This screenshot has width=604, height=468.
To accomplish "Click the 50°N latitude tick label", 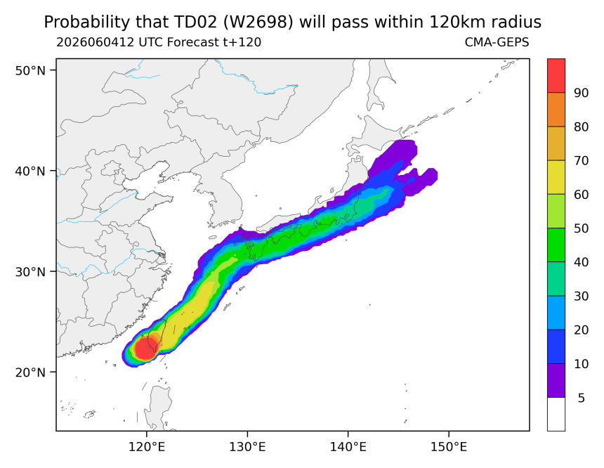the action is pyautogui.click(x=30, y=70).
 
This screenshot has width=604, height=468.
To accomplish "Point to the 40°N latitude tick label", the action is pyautogui.click(x=30, y=171).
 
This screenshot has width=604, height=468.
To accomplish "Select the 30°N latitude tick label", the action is pyautogui.click(x=30, y=272).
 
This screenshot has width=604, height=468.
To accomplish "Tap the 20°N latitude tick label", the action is pyautogui.click(x=30, y=372).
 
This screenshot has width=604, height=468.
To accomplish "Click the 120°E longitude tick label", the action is pyautogui.click(x=147, y=447).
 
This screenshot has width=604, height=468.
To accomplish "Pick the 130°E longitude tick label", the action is pyautogui.click(x=247, y=447).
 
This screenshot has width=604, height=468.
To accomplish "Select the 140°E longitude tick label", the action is pyautogui.click(x=348, y=447).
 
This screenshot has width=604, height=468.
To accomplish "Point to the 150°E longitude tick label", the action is pyautogui.click(x=448, y=447).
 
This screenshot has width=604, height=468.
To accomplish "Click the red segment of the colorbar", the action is pyautogui.click(x=556, y=76).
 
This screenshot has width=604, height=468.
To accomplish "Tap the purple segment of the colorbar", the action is pyautogui.click(x=556, y=380).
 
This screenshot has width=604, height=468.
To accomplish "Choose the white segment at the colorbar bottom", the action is pyautogui.click(x=556, y=414).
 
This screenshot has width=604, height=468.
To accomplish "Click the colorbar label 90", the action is pyautogui.click(x=581, y=93).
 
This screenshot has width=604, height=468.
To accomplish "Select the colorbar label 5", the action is pyautogui.click(x=581, y=398).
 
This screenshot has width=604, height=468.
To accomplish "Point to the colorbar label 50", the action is pyautogui.click(x=581, y=228).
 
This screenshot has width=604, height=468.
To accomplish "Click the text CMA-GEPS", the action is pyautogui.click(x=497, y=42).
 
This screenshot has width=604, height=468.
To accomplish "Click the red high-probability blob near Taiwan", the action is pyautogui.click(x=145, y=349).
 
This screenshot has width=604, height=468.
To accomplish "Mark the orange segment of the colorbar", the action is pyautogui.click(x=556, y=110).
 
